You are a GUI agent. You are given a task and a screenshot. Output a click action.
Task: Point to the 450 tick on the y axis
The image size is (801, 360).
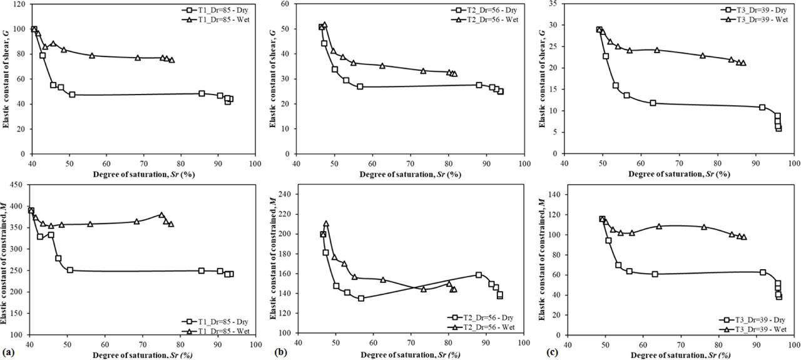18,185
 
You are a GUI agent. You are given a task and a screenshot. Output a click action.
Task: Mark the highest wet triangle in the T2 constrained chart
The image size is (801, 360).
326,224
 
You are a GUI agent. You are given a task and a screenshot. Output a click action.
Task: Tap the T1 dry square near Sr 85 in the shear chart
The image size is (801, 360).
202,93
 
